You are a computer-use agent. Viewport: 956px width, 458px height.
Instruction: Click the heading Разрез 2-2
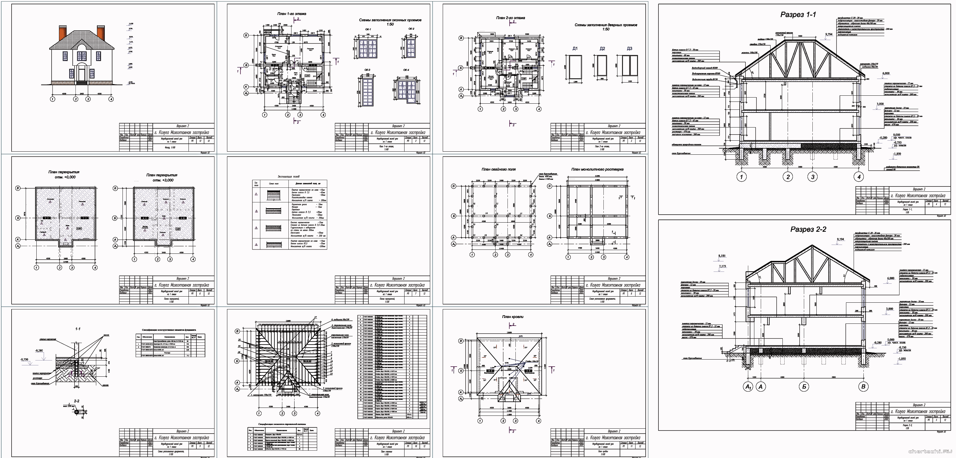[x=808, y=230]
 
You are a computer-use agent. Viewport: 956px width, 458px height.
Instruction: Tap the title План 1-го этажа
[x=292, y=14]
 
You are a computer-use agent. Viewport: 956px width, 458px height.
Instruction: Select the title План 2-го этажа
[x=510, y=17]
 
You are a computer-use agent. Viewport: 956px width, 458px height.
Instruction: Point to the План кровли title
[x=512, y=317]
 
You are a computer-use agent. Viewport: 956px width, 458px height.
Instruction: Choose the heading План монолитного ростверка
[x=597, y=169]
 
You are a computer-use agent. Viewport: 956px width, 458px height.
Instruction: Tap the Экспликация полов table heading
[x=288, y=177]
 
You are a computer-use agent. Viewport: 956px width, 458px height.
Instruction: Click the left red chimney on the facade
[x=62, y=33]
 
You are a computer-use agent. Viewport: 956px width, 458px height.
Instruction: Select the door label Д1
[x=575, y=49]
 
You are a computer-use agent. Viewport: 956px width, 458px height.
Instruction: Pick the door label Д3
[x=629, y=49]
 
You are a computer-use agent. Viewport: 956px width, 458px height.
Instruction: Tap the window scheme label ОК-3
[x=368, y=70]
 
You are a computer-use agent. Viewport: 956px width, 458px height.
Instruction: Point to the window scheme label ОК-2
[x=411, y=29]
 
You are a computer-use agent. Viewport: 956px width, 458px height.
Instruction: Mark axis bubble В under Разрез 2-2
[x=863, y=387]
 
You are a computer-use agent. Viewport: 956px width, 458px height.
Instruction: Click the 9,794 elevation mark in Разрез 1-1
[x=829, y=35]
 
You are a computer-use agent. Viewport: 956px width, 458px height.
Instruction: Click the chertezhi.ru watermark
[x=930, y=451]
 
